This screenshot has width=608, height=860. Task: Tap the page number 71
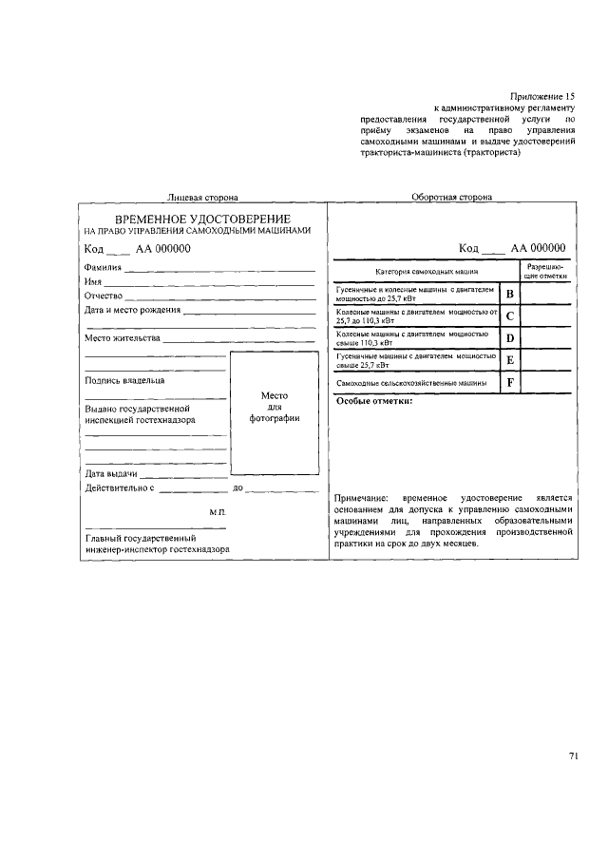(x=574, y=756)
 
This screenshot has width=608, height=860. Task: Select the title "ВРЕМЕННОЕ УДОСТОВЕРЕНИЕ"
(x=202, y=219)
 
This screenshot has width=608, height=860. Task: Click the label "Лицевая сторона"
(x=202, y=198)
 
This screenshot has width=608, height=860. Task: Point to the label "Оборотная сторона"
(x=451, y=198)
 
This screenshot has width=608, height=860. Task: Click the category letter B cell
(x=510, y=294)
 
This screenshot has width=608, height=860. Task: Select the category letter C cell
(x=510, y=316)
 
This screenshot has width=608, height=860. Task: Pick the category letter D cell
(x=510, y=338)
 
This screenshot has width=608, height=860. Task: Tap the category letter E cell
(x=510, y=360)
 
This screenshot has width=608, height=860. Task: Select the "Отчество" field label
(x=104, y=296)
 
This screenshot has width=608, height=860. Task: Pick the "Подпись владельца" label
(x=124, y=380)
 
